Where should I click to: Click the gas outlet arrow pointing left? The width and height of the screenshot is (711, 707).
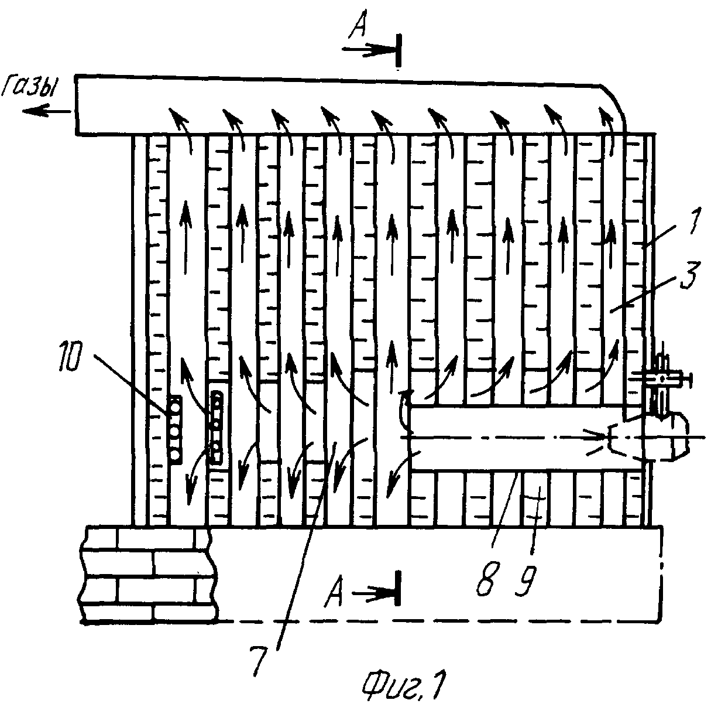pos(46,111)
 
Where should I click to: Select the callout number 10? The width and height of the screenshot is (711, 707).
pos(70,357)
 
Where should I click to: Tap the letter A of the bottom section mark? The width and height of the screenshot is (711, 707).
pos(334,595)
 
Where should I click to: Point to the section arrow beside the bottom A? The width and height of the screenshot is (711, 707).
pos(376,594)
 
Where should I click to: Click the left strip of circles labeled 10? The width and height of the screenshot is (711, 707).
pos(175,429)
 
